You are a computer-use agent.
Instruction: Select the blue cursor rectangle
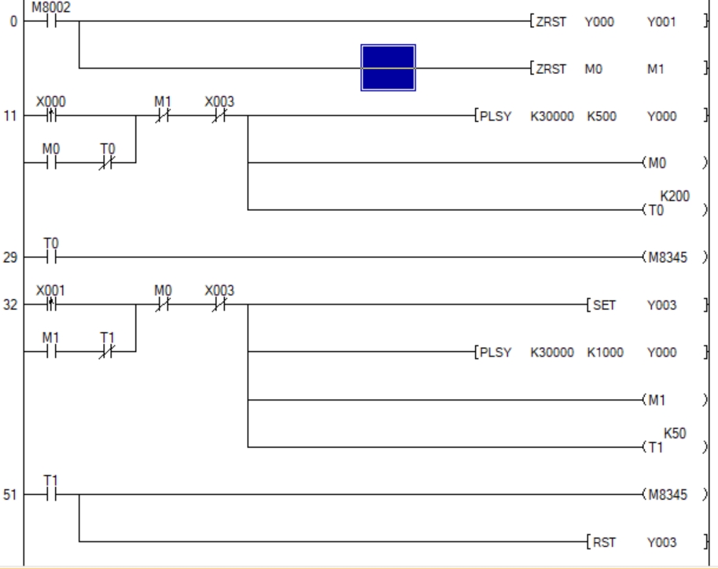pos(388,68)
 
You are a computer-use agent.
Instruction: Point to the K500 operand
pos(599,116)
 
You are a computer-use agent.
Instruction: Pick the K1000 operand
pos(604,352)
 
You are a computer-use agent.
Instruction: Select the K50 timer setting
pos(673,433)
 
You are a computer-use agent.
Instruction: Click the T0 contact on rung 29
pos(50,257)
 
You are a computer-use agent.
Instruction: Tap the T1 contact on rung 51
pos(50,493)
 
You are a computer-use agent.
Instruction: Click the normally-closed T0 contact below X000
pos(109,163)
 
